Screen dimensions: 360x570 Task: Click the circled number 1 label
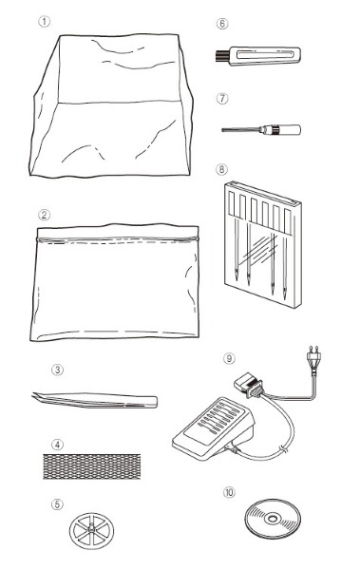[44, 22]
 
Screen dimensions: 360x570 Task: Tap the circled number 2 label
[44, 215]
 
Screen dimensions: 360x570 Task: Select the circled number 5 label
[57, 504]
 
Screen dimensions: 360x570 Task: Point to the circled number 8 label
[221, 169]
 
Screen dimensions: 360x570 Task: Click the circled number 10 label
[229, 492]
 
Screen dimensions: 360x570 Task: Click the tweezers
[95, 400]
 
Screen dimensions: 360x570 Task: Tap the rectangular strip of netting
[91, 466]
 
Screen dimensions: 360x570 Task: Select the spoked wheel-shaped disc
[91, 531]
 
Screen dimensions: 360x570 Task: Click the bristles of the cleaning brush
[222, 55]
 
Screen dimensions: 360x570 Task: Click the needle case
[263, 244]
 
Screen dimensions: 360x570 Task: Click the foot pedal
[214, 427]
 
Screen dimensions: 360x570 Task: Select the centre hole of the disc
[273, 519]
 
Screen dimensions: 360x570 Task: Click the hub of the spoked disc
[91, 531]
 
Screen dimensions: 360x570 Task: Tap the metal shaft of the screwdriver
[242, 129]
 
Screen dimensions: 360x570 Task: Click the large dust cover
[111, 105]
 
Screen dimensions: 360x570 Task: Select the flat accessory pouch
[115, 282]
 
